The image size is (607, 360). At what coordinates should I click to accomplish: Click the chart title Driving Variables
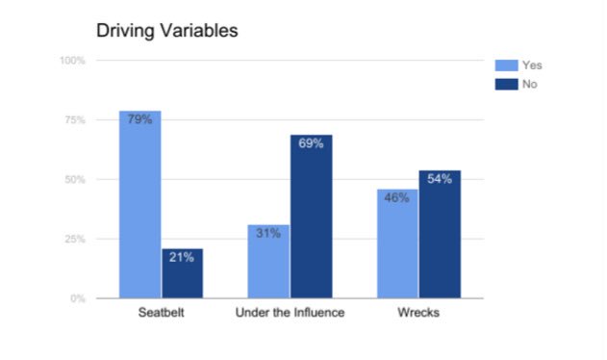[x=166, y=31]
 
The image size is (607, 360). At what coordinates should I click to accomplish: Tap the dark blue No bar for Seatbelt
[x=182, y=273]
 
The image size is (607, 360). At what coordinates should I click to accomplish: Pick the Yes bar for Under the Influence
[x=267, y=262]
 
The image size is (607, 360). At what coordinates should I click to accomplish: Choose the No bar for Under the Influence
[x=310, y=217]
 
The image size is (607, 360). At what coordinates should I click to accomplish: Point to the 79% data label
[x=139, y=120]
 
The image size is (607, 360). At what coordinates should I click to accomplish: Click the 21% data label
[x=182, y=257]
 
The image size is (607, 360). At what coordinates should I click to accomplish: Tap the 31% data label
[x=267, y=234]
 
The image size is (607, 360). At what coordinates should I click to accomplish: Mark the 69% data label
[x=310, y=143]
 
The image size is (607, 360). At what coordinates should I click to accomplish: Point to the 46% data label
[x=396, y=198]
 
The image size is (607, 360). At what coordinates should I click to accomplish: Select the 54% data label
[x=439, y=179]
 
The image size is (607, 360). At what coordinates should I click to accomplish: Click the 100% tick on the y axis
[x=73, y=61]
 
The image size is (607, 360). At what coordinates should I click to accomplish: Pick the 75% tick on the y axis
[x=75, y=120]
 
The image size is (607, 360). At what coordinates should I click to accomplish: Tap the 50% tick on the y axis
[x=75, y=180]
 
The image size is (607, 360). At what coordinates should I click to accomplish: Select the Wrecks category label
[x=417, y=315]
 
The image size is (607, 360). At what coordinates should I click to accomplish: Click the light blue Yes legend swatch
[x=506, y=65]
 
